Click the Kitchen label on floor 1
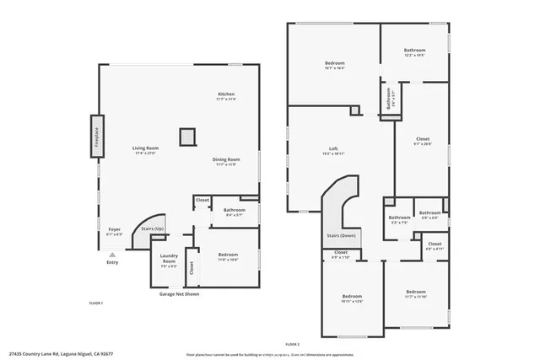[226, 94]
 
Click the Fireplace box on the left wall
[95, 137]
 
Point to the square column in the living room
[186, 137]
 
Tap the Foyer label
[115, 229]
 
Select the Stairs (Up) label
[152, 228]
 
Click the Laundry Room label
[169, 259]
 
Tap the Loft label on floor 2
[333, 150]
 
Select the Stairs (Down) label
[341, 235]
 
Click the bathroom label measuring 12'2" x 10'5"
[413, 51]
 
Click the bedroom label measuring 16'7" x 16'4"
[335, 64]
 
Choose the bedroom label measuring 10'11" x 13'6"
[352, 297]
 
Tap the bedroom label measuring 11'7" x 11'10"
[416, 292]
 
